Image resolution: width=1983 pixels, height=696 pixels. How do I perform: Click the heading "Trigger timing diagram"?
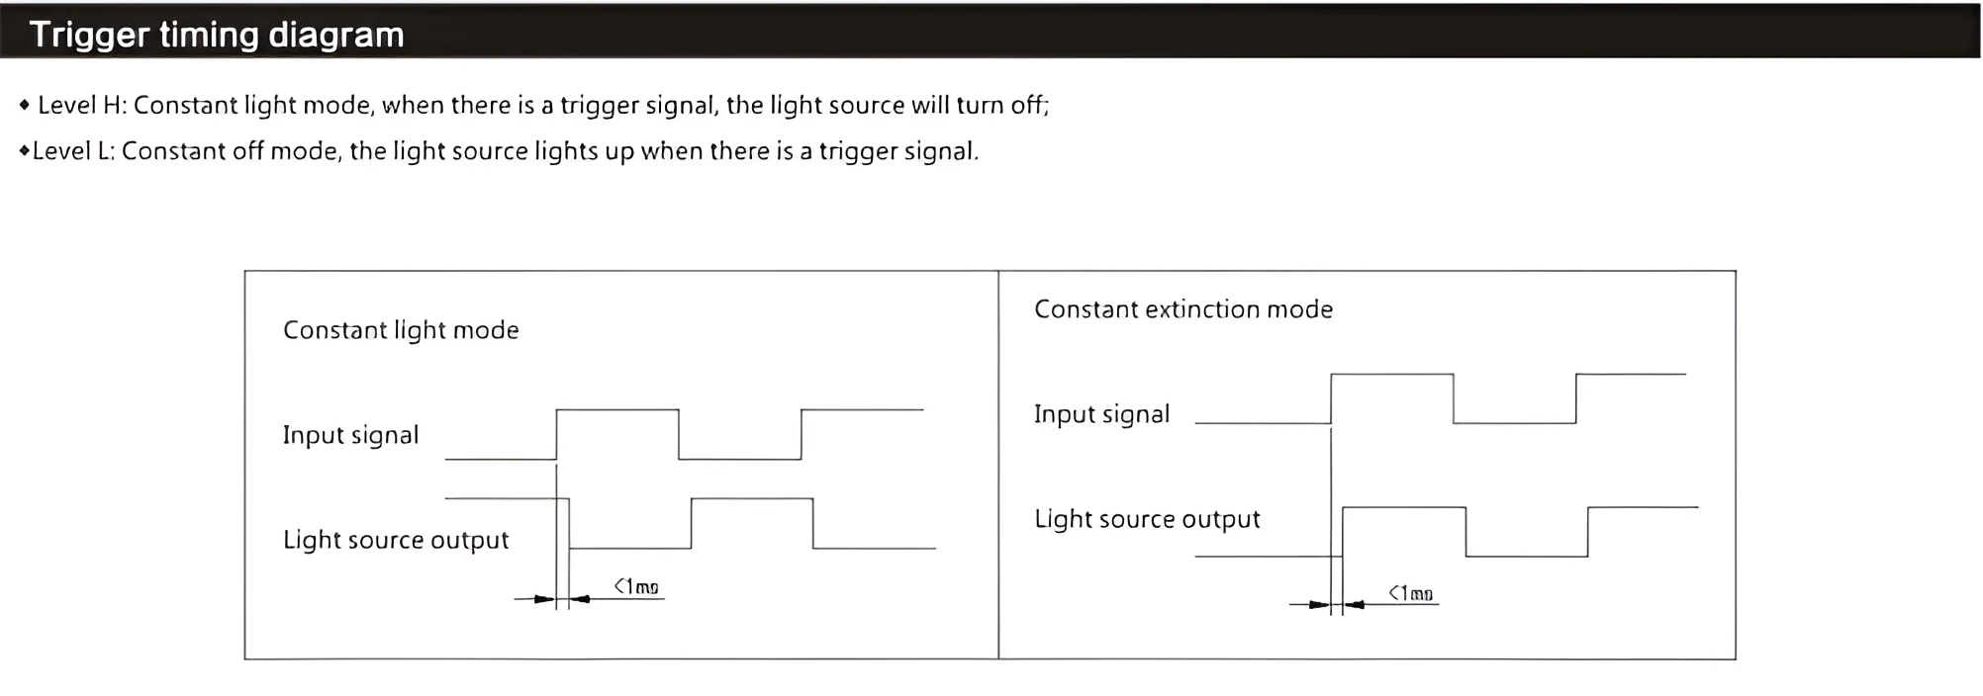217,35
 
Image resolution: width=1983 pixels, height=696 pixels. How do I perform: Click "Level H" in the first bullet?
81,106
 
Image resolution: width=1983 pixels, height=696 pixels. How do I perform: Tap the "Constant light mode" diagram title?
401,330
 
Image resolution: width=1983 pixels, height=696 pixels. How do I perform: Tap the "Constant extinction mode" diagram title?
1183,309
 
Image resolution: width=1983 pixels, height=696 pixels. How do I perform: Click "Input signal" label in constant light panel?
350,435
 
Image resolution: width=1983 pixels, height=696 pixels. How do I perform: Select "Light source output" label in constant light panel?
396,540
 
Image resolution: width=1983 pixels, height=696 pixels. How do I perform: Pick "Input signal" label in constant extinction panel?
1101,414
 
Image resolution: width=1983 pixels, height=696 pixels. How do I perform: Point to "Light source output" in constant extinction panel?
1147,519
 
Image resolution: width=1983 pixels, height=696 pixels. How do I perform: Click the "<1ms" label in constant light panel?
636,586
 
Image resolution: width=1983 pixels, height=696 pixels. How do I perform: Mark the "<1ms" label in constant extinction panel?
1411,593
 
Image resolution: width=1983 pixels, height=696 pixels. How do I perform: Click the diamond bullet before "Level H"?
25,105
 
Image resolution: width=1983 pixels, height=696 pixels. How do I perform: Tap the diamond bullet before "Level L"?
24,151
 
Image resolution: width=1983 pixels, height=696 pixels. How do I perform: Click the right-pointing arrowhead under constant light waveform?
544,599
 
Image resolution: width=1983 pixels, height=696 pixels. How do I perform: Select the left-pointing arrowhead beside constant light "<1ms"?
581,599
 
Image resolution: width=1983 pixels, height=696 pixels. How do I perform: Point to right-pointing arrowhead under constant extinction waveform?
1319,605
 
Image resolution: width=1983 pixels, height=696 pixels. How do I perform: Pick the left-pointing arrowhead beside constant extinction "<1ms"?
1355,605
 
